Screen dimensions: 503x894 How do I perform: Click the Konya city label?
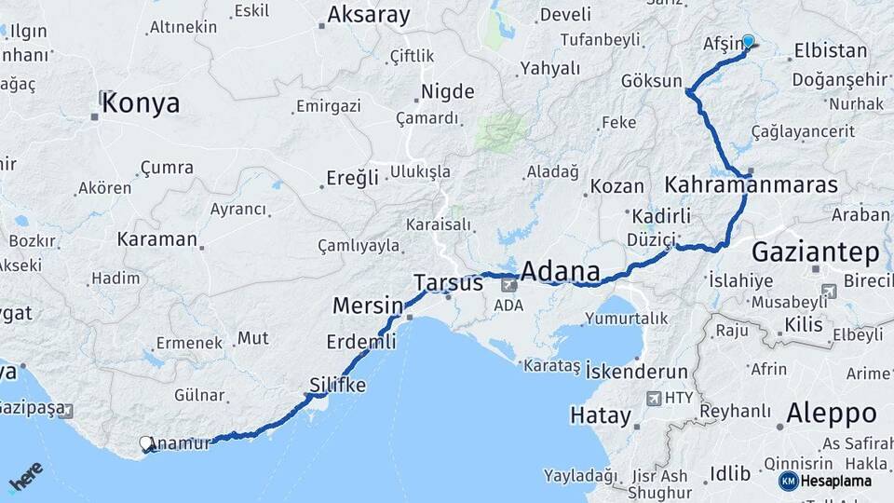click(x=141, y=103)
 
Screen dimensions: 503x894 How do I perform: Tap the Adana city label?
click(x=559, y=272)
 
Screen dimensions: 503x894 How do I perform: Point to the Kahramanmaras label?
click(x=751, y=184)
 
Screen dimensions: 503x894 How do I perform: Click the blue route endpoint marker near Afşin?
click(x=748, y=41)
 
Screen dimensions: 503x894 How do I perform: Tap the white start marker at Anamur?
click(x=146, y=444)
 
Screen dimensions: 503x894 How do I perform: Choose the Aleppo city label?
click(x=831, y=413)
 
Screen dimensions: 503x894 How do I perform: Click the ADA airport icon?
click(x=509, y=285)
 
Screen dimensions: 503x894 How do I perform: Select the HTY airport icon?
click(x=653, y=398)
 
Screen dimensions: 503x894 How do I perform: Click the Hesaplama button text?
click(x=837, y=482)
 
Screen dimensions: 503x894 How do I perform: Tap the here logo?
click(x=26, y=477)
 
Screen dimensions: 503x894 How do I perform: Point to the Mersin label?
click(x=368, y=305)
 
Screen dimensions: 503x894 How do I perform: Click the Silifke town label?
click(x=337, y=385)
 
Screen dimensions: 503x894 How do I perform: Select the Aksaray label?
click(x=369, y=15)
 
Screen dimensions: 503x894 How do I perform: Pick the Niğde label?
click(x=448, y=91)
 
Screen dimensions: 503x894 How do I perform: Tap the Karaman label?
click(x=156, y=238)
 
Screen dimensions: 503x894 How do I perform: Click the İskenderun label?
click(x=636, y=371)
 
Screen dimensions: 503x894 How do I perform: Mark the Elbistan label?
click(x=831, y=50)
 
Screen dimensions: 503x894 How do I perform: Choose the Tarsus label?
click(x=449, y=281)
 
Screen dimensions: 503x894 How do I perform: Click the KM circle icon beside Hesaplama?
click(x=788, y=482)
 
